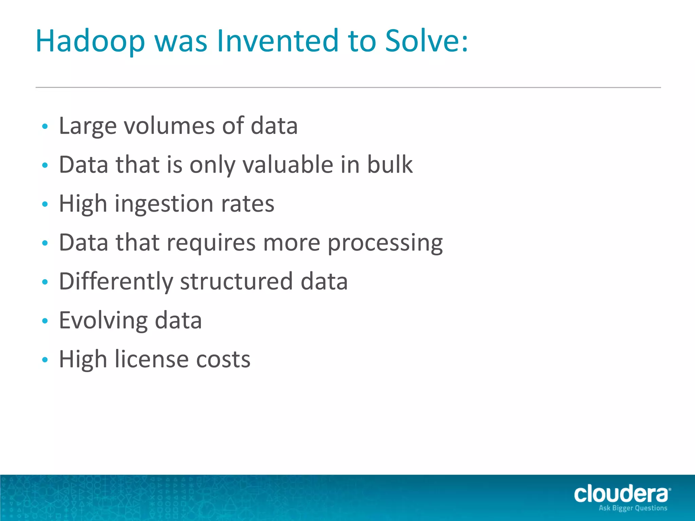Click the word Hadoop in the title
point(90,41)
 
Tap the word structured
point(236,282)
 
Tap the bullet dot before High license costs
point(45,360)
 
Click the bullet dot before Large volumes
point(45,127)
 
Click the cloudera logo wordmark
point(621,494)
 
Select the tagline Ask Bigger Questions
point(633,508)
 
